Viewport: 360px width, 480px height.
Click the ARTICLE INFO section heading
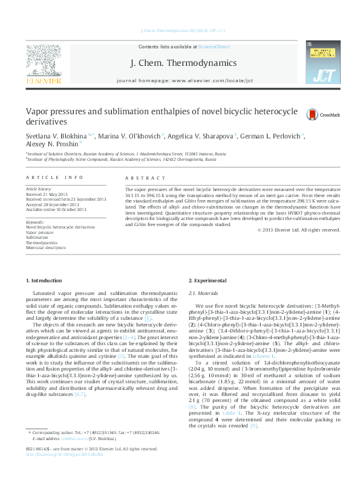[x=54, y=177]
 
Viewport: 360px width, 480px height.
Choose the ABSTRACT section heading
[x=145, y=178]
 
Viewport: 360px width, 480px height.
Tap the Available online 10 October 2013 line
[x=56, y=209]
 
